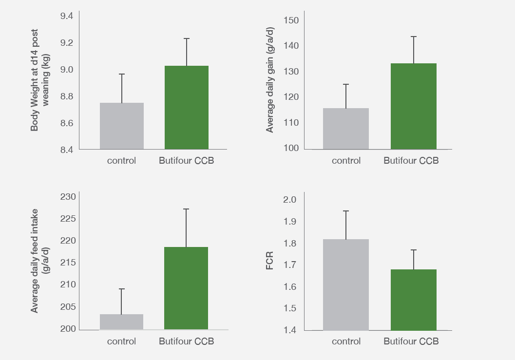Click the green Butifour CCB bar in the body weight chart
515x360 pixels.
tap(187, 107)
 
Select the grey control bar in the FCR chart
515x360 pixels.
tap(346, 284)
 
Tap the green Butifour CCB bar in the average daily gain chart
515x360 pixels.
tap(414, 106)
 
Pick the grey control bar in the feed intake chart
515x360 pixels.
tap(121, 322)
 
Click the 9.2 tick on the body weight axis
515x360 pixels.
tap(66, 43)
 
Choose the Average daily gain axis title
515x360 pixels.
tap(270, 80)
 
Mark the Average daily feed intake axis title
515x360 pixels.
tap(39, 261)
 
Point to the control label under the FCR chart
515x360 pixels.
tap(346, 341)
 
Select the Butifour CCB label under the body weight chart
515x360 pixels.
tap(186, 161)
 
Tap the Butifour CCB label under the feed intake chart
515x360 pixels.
tap(186, 341)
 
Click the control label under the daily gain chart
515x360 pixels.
tap(346, 161)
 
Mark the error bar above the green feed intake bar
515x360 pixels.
tap(186, 227)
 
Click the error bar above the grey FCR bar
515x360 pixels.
tap(346, 225)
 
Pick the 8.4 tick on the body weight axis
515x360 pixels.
tap(66, 150)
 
